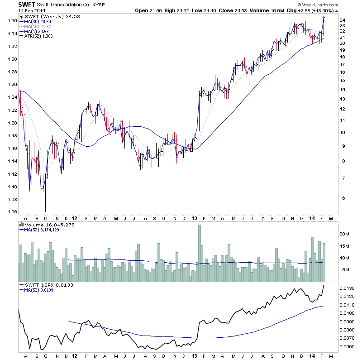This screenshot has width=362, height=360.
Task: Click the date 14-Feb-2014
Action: click(32, 11)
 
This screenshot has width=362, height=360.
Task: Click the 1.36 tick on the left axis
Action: click(12, 21)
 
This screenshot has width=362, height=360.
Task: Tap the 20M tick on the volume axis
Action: click(345, 234)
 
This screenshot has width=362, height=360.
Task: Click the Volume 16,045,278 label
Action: click(51, 225)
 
